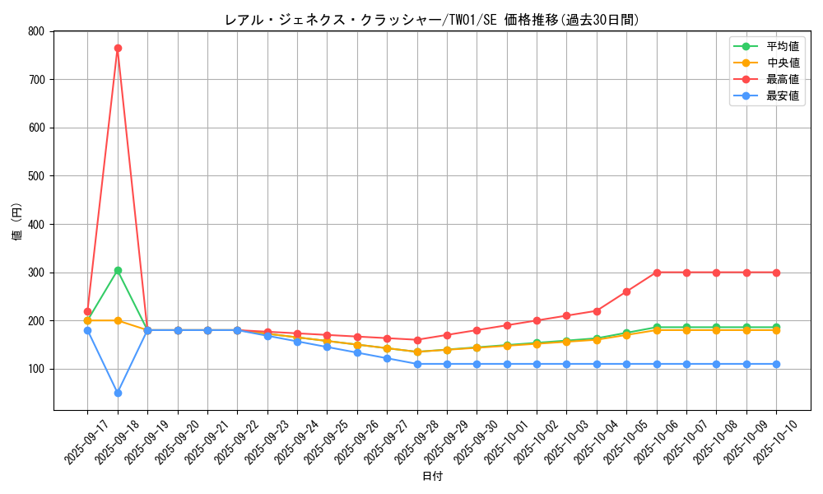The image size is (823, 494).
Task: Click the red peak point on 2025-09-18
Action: (x=118, y=48)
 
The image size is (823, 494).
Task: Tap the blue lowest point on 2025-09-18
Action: (x=118, y=393)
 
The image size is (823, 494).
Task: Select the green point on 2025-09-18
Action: (x=118, y=270)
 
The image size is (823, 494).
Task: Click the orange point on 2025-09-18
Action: (x=118, y=320)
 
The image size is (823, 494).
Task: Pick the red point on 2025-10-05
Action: (x=626, y=291)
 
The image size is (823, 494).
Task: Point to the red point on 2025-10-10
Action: (x=776, y=273)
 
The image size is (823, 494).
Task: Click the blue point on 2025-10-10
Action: (x=776, y=364)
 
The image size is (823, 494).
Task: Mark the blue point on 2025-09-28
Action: (x=417, y=364)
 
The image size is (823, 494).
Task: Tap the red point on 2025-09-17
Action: (x=87, y=311)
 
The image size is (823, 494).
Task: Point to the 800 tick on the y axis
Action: (x=35, y=31)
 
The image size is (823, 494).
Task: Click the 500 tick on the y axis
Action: (x=35, y=176)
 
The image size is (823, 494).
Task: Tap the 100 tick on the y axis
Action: (x=35, y=369)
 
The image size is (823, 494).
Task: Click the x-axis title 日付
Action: (x=432, y=477)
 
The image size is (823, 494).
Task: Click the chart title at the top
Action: (x=432, y=20)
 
